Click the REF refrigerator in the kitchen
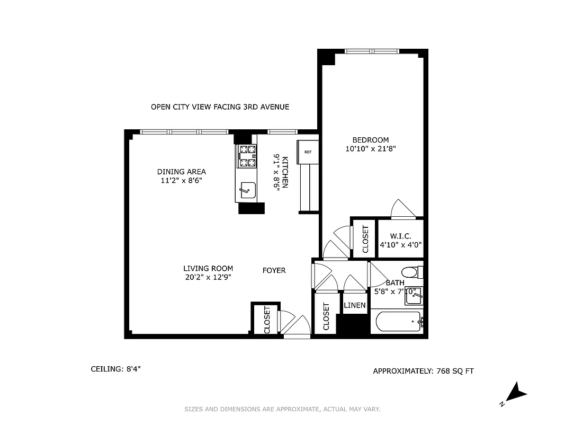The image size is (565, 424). (x=308, y=152)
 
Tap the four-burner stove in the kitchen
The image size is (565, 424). (x=247, y=157)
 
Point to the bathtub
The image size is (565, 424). (x=396, y=321)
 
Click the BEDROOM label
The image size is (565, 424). (x=371, y=140)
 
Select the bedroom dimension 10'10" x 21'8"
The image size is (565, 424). (x=371, y=149)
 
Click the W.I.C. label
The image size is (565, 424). (x=400, y=236)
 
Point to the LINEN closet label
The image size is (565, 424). (x=354, y=306)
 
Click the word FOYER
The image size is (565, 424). (x=274, y=270)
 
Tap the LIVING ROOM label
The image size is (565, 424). (x=208, y=268)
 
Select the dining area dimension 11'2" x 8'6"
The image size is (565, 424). (x=182, y=180)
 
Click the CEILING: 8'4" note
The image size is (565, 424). (x=115, y=369)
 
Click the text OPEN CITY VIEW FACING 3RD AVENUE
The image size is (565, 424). (x=220, y=107)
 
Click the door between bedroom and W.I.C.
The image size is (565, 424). (x=403, y=210)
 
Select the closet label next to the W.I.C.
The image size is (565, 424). (x=365, y=239)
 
